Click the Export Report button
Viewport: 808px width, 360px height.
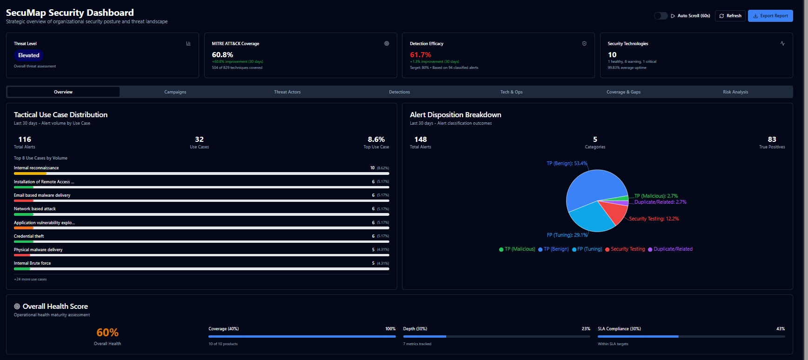click(x=770, y=16)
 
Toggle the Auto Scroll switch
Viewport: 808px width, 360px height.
click(x=661, y=16)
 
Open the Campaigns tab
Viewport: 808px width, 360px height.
click(x=175, y=92)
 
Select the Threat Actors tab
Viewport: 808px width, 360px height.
click(x=287, y=92)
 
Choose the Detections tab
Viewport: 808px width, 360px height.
click(x=399, y=92)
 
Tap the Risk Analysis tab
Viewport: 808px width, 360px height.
click(x=735, y=92)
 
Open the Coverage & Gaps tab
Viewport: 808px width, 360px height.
click(x=623, y=92)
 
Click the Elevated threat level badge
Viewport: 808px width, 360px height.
click(x=29, y=55)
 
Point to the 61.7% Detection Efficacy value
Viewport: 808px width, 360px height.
click(x=421, y=55)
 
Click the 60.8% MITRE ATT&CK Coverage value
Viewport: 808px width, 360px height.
click(x=222, y=55)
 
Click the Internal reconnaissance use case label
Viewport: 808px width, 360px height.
click(x=36, y=168)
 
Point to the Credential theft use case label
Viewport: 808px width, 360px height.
click(x=29, y=236)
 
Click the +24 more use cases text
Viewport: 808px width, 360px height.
click(x=30, y=280)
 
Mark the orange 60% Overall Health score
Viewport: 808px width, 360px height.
click(x=107, y=333)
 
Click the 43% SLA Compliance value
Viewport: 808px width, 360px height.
click(x=781, y=329)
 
